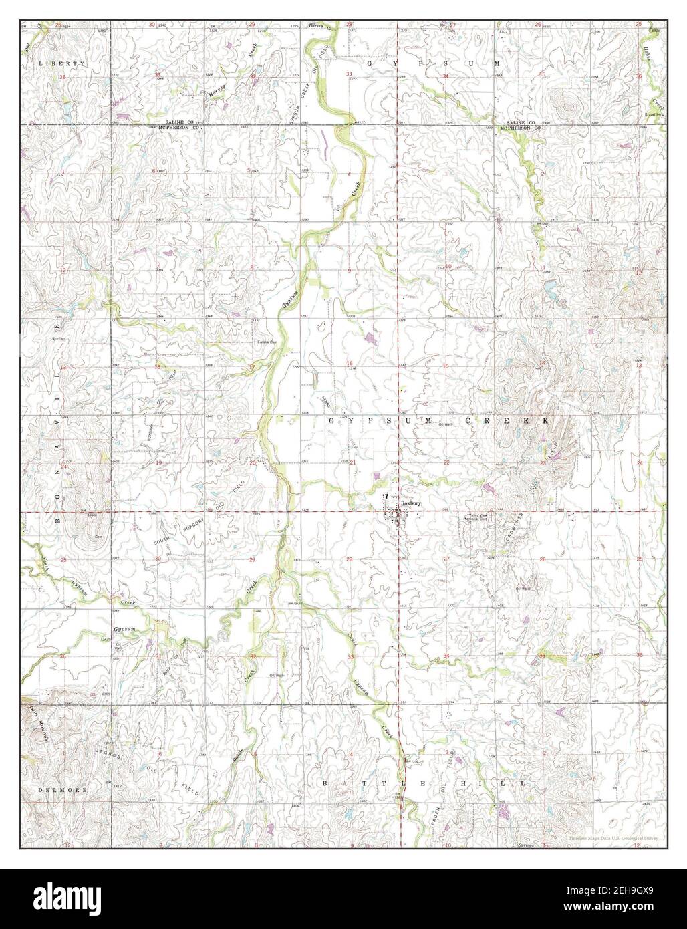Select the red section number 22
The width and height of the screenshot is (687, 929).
446,462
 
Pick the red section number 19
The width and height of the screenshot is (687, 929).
158,462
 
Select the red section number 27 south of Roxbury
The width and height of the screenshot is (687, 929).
446,558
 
